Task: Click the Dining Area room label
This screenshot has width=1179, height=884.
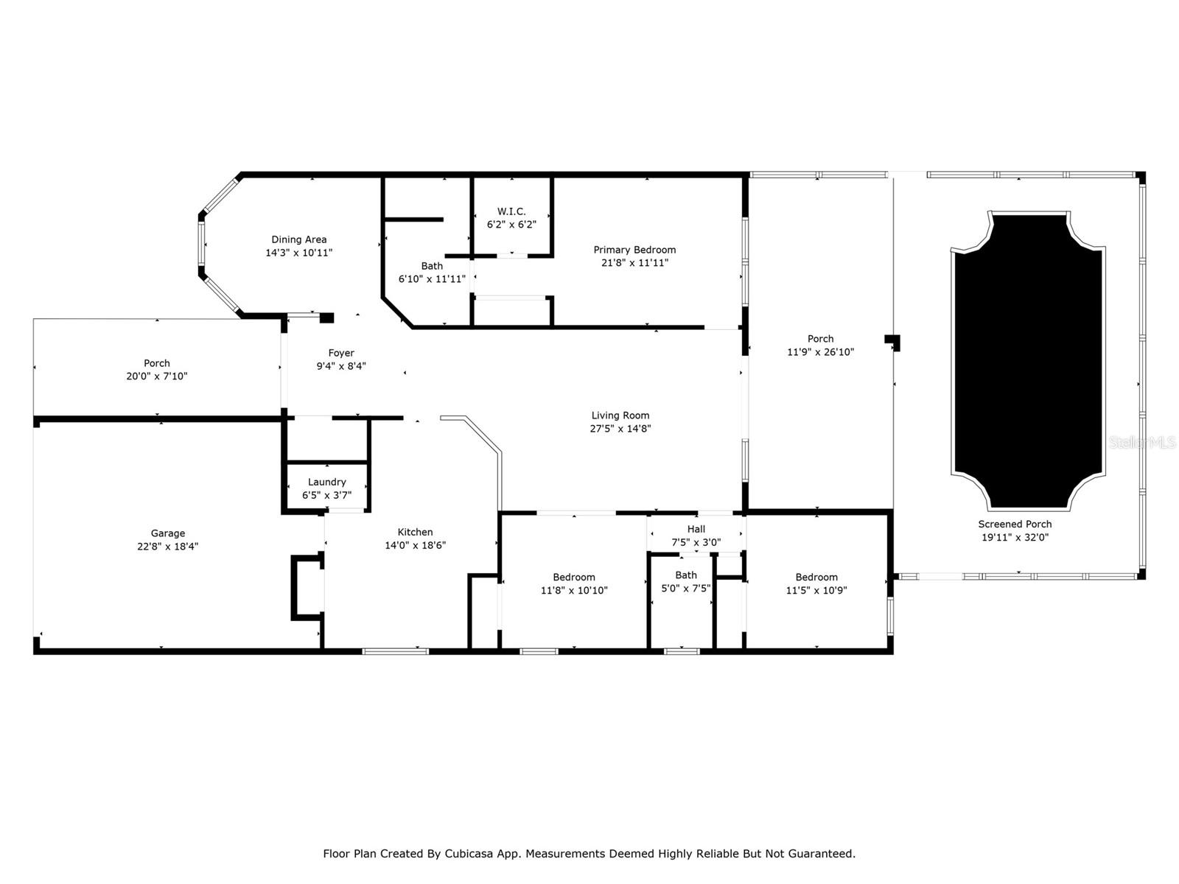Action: [x=298, y=239]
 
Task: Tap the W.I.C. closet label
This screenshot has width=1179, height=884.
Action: [x=511, y=211]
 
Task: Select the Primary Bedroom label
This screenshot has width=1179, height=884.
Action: [x=634, y=250]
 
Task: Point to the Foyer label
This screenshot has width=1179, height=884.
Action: [x=341, y=353]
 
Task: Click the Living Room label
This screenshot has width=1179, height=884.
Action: [x=620, y=415]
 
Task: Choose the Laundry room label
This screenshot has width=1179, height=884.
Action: [x=326, y=482]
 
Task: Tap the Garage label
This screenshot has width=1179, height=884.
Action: [x=167, y=533]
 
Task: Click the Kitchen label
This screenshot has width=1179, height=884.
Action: [x=415, y=532]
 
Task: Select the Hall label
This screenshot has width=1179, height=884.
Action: [x=696, y=529]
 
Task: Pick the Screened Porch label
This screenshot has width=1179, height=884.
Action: [x=1015, y=524]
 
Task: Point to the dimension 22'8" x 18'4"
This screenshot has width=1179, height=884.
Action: [x=167, y=547]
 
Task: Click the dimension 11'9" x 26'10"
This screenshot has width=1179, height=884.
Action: [x=820, y=352]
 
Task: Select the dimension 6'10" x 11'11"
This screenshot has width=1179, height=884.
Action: [x=432, y=279]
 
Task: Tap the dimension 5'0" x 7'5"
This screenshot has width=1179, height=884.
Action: [x=686, y=589]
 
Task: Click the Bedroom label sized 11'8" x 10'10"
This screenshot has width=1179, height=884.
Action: [x=573, y=577]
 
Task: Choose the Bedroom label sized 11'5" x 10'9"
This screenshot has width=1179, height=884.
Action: [x=816, y=577]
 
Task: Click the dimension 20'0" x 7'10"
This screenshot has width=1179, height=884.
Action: [x=157, y=376]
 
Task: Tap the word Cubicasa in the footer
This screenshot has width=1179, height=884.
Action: [x=469, y=853]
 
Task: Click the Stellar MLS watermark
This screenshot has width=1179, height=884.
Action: [x=1142, y=442]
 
